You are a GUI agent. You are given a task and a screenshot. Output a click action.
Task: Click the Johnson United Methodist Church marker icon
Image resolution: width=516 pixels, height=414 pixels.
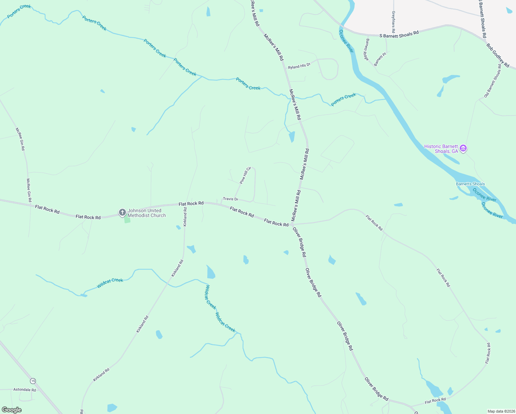click(122, 213)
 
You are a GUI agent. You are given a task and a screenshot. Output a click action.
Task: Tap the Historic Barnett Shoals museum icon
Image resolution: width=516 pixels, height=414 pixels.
click(464, 149)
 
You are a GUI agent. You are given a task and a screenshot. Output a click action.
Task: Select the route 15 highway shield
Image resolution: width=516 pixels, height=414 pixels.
click(33, 381)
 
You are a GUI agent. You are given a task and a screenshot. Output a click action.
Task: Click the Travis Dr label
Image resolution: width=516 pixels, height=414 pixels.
click(230, 199)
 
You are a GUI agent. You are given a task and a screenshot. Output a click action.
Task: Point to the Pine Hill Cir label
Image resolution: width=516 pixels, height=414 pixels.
click(245, 175)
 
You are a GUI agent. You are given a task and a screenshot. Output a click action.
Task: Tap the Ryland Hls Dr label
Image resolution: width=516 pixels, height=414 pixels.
click(299, 66)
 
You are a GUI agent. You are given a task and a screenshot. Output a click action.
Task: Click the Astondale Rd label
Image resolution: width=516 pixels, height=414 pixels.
click(24, 390)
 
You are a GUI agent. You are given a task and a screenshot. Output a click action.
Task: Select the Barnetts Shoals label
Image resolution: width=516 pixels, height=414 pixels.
click(470, 184)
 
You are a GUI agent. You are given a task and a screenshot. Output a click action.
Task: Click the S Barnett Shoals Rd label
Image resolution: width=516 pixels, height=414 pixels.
click(399, 34)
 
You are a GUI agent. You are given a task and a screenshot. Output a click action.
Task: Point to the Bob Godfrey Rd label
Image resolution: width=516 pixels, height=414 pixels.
click(498, 55)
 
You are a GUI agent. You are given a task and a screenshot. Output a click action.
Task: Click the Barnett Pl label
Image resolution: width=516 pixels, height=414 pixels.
click(380, 59)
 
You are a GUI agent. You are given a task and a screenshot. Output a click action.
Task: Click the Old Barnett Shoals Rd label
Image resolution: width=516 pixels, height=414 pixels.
click(493, 81)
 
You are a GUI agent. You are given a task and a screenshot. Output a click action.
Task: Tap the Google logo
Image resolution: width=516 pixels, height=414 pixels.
click(12, 410)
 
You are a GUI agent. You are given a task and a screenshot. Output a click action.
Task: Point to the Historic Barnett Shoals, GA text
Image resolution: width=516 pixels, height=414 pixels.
click(441, 149)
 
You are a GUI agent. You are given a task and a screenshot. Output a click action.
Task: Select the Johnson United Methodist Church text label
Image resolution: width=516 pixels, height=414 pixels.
click(147, 213)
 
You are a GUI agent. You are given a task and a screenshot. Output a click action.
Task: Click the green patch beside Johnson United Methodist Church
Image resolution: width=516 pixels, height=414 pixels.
click(127, 220)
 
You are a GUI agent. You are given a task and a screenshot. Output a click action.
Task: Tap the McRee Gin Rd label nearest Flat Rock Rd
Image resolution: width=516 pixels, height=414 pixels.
click(29, 190)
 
